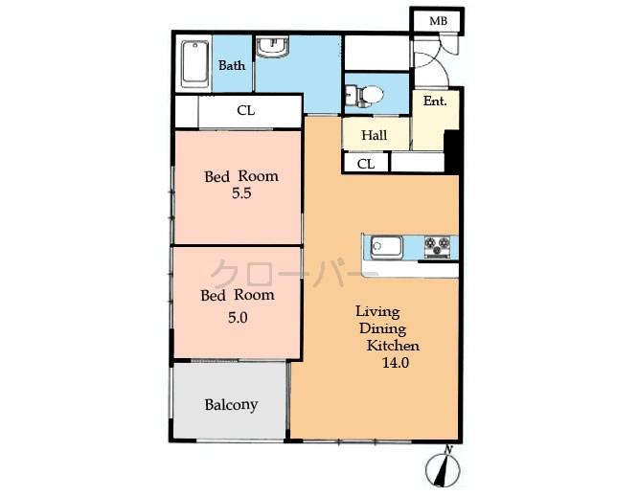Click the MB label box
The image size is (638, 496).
tap(437, 21)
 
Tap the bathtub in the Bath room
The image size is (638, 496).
tap(195, 63)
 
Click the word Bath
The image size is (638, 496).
tap(232, 66)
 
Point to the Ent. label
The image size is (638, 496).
tap(435, 101)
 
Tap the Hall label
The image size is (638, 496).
tap(375, 135)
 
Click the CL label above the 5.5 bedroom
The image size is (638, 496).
tap(246, 110)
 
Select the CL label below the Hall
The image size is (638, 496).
tap(366, 164)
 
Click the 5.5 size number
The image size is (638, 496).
tap(241, 193)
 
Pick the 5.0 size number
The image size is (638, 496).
tap(238, 318)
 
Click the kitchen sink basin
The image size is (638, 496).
tap(387, 247)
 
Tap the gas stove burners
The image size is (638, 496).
tap(437, 247)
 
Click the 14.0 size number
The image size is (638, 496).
tap(395, 363)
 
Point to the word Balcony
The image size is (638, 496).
tap(231, 404)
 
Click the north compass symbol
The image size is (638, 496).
tap(444, 470)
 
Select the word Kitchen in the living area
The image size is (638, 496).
tap(393, 345)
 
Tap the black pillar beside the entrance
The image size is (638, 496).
tap(453, 151)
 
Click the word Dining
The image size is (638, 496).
tap(377, 327)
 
